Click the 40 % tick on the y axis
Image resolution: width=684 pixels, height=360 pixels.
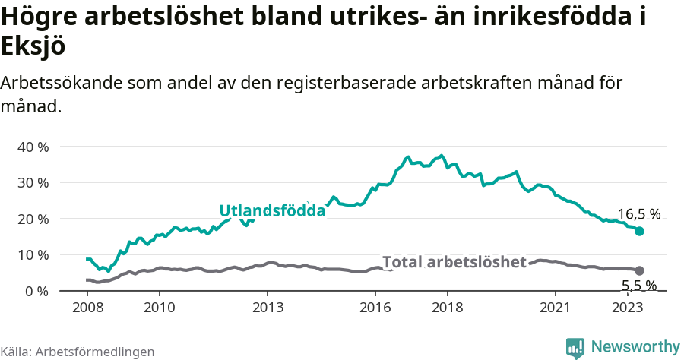coord(33,147)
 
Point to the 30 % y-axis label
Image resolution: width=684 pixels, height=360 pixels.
coord(33,182)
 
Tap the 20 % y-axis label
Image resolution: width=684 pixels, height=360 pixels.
coord(33,219)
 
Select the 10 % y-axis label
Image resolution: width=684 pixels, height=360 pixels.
coord(33,254)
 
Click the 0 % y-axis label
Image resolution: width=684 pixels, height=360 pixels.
coord(36,291)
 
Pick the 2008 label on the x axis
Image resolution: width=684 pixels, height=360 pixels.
coord(87,308)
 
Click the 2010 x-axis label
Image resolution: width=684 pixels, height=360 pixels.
coord(159,308)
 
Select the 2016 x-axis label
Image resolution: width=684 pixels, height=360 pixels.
coord(375,308)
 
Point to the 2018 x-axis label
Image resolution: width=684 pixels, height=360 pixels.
coord(447,308)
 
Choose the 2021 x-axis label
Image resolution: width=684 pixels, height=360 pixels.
coord(556,308)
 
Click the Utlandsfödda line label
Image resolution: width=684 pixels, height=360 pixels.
coord(272,211)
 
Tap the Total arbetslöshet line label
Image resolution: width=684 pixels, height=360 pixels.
coord(454,262)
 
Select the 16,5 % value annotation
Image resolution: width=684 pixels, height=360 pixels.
coord(638,214)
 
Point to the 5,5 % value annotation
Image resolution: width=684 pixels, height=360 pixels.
coord(638,286)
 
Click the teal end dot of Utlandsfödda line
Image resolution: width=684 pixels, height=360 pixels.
coord(639,231)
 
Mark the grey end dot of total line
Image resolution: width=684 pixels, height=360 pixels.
coord(639,270)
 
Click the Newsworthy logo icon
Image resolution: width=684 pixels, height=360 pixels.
coord(575,347)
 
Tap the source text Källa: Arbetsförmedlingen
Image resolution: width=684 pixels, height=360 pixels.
coord(78,352)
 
